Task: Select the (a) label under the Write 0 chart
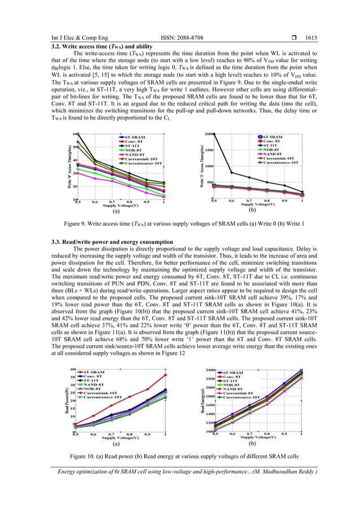tap(116, 212)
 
